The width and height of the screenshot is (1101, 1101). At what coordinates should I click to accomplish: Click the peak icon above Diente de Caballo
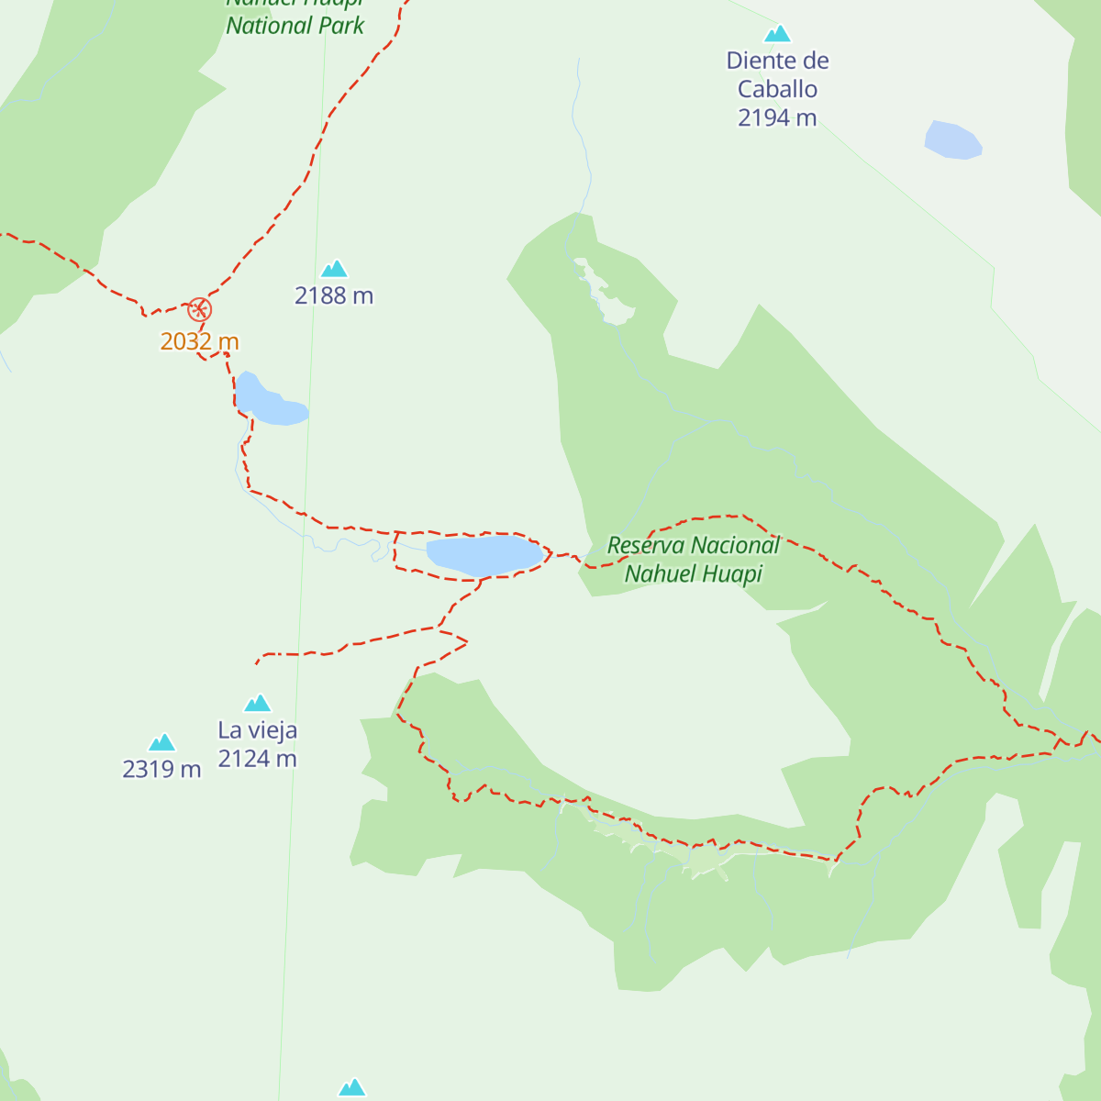click(777, 34)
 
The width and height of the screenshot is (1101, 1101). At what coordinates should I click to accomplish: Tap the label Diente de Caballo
click(777, 74)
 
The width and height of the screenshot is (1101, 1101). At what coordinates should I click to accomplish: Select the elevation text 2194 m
click(777, 117)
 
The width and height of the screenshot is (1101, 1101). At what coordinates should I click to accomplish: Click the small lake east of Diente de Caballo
click(952, 140)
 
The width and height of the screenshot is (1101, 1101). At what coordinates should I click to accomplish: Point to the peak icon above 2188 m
click(334, 269)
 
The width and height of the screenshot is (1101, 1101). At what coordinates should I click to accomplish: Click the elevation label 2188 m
click(334, 295)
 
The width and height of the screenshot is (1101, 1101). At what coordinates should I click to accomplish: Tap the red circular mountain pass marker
click(199, 309)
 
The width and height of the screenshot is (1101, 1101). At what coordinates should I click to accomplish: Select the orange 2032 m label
click(199, 341)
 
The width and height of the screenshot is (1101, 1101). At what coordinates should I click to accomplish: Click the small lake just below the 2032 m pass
click(268, 402)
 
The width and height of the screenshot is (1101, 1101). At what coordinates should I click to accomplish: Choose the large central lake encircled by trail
click(484, 555)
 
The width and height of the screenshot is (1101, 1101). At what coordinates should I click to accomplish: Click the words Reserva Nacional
click(694, 545)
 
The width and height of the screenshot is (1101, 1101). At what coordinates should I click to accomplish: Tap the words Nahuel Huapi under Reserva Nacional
click(694, 574)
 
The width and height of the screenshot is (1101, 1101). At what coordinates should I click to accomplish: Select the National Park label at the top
click(295, 25)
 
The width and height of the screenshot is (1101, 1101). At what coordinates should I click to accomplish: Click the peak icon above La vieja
click(258, 704)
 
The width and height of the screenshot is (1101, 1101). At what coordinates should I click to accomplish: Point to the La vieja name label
click(258, 730)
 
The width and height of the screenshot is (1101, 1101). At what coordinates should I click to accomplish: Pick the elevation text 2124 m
click(258, 759)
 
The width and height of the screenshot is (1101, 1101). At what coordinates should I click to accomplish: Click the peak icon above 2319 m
click(162, 742)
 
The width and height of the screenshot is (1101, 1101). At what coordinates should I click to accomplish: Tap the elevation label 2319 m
click(162, 769)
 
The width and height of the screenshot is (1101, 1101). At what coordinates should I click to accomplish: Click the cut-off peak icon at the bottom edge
click(352, 1088)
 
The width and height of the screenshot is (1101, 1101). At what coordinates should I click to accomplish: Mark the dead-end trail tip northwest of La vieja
click(257, 663)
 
